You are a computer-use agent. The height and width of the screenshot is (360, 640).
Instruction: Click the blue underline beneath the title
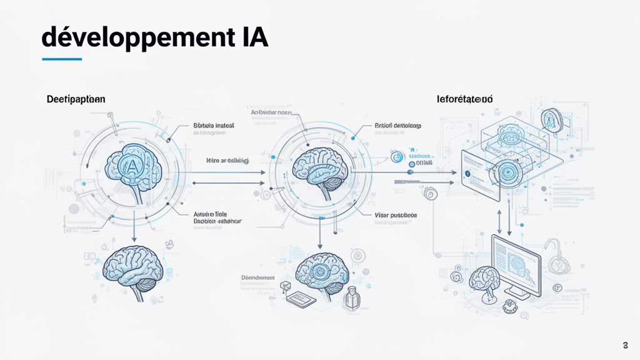coord(61,59)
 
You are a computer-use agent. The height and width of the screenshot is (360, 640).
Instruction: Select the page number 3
coord(626,346)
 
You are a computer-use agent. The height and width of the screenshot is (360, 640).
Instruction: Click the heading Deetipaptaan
coord(75,99)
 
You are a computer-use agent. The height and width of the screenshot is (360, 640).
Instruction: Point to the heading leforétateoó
coord(464,99)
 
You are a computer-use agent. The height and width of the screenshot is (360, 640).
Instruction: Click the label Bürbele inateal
coord(214,126)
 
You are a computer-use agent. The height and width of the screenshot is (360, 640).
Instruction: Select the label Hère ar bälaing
coord(227,161)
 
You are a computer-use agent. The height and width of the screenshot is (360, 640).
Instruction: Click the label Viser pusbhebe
coord(396,215)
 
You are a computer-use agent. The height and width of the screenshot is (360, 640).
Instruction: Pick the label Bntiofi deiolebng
coord(397,126)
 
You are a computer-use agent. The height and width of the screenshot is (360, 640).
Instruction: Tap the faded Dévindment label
coord(257,277)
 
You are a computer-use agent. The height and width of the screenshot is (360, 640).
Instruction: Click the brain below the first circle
coord(134,269)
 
